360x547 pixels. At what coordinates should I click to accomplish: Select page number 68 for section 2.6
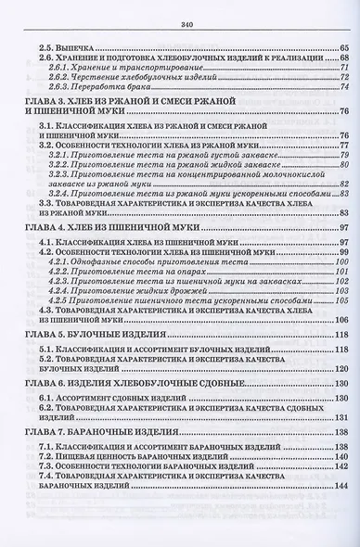340,57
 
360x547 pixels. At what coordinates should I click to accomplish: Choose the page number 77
341,146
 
